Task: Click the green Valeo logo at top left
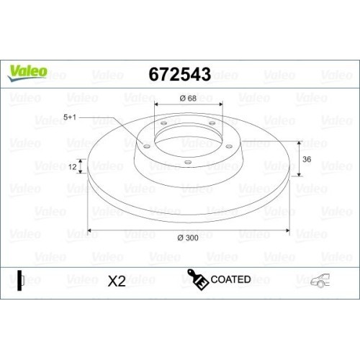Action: (28, 71)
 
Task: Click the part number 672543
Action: (179, 73)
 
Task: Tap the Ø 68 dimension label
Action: (188, 98)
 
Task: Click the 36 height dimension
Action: (306, 159)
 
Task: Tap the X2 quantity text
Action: (116, 281)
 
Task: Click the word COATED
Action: (230, 279)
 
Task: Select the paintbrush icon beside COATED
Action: (197, 279)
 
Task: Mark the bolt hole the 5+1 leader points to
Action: (148, 147)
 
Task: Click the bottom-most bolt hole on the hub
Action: (187, 162)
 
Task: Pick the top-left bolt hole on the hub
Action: (163, 124)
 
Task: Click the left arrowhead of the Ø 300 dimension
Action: (89, 231)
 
